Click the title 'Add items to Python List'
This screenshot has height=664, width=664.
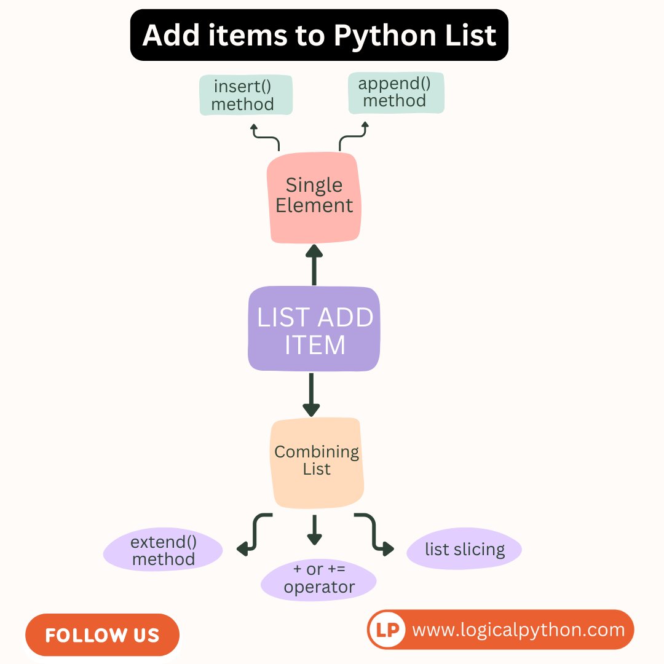(319, 35)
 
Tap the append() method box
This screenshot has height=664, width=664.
(395, 93)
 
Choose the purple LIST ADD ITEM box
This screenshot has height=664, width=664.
(314, 330)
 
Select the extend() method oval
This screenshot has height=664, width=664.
(163, 550)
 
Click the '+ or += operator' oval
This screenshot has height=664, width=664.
(318, 579)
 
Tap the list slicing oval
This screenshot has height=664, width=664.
(464, 549)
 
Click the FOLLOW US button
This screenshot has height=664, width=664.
(102, 635)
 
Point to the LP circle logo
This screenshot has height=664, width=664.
(387, 630)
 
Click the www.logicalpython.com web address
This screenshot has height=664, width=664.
(518, 630)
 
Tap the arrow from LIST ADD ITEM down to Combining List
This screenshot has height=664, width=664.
(312, 395)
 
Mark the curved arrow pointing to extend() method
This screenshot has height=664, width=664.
(253, 534)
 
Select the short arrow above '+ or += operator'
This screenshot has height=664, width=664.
(314, 529)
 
